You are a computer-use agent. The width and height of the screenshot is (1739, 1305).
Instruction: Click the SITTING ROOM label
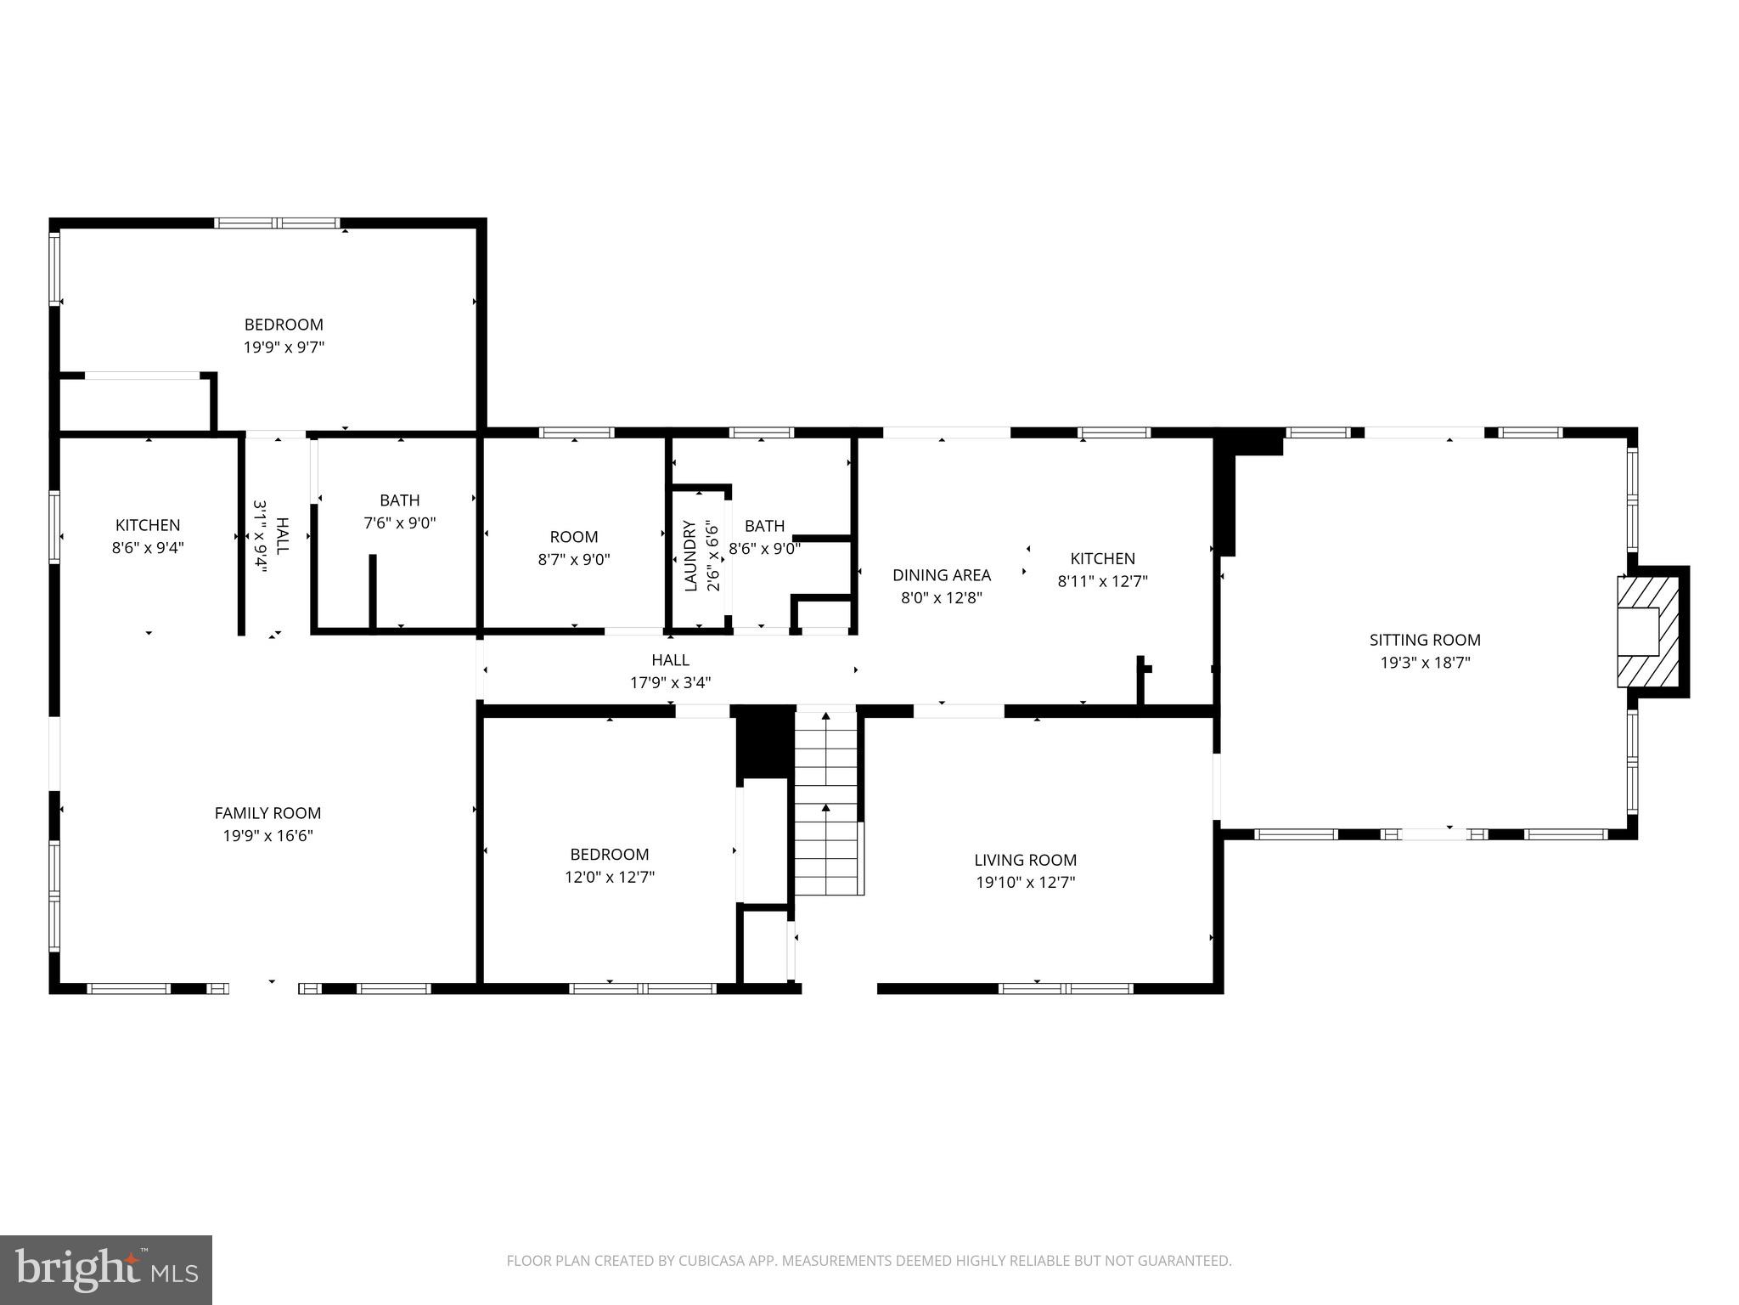coord(1424,640)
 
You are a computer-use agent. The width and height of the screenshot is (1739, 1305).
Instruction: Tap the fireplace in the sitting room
coord(1647,631)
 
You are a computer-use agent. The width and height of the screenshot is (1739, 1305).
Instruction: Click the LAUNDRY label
coord(689,556)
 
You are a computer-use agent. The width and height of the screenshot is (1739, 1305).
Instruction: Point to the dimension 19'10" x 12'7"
coord(1025,882)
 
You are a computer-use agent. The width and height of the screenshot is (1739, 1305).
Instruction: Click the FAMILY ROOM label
coord(267,813)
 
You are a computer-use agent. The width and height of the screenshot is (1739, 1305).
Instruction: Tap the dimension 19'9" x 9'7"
coord(284,347)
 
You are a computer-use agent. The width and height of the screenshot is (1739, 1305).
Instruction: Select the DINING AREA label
coord(941,575)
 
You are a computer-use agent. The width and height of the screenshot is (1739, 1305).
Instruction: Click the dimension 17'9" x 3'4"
coord(670,682)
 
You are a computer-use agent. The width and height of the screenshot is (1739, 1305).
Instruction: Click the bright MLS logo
coord(106,1269)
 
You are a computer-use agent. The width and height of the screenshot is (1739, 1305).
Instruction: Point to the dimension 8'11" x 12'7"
coord(1102,581)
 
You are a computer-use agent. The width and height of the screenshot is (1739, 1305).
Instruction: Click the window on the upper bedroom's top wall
coord(277,223)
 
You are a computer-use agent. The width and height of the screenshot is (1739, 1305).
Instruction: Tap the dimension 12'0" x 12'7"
coord(609,877)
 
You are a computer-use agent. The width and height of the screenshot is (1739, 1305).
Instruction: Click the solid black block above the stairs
coord(763,741)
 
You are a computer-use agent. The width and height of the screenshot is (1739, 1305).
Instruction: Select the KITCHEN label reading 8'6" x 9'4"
coord(148,525)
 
